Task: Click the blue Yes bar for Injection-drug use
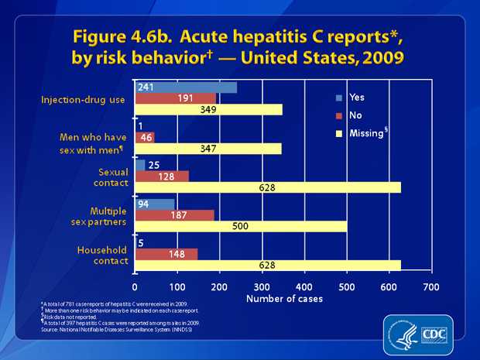point(186,87)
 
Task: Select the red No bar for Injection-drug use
point(176,98)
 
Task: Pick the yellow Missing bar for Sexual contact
point(268,187)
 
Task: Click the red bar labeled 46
point(145,137)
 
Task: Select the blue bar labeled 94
point(155,204)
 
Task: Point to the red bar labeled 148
point(166,254)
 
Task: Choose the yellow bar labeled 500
point(241,226)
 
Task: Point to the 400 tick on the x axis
point(304,285)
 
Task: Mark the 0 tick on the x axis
point(135,285)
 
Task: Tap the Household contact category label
point(102,255)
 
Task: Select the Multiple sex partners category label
point(103,216)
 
